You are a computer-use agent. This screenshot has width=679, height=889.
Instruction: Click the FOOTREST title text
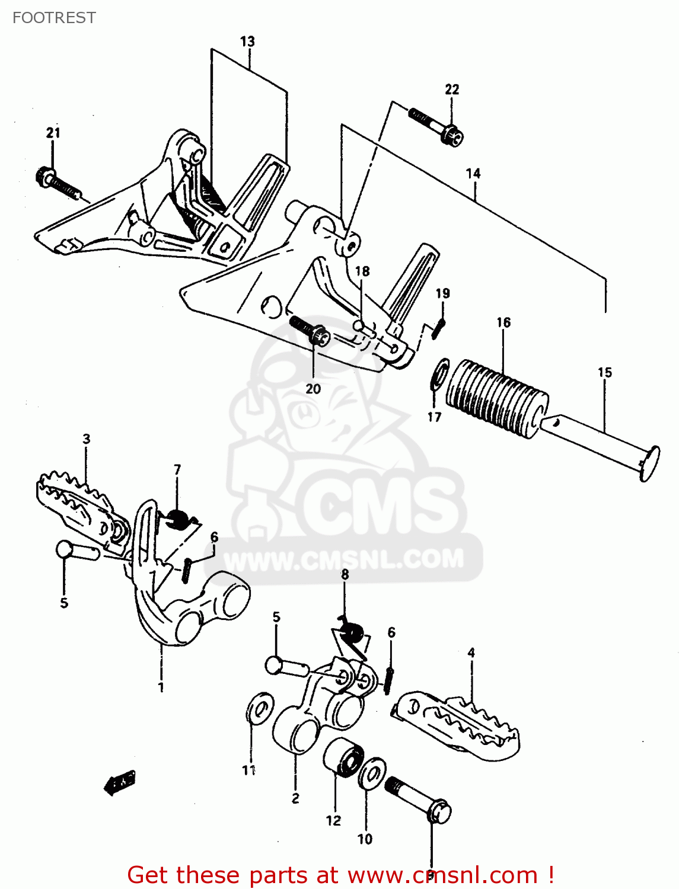click(54, 18)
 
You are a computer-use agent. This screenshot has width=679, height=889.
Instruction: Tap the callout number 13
click(247, 41)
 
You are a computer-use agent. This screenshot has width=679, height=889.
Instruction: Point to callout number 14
click(473, 174)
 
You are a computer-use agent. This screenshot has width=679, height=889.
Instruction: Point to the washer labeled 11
click(258, 707)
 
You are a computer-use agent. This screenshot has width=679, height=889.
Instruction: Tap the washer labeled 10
click(372, 773)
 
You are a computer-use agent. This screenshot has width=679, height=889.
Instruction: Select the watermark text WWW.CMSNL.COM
click(344, 560)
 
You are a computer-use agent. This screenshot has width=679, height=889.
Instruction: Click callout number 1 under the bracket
click(161, 687)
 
